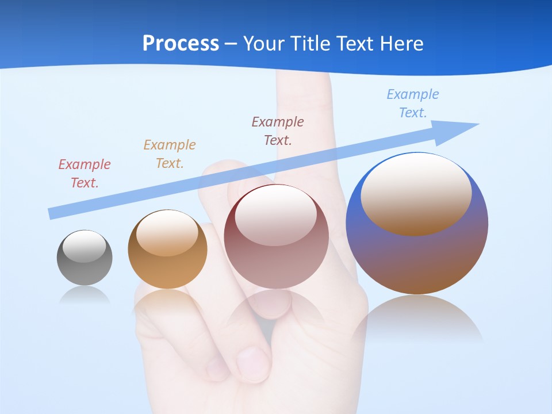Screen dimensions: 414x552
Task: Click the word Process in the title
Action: pos(181,43)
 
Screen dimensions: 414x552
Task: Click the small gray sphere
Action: pos(85,267)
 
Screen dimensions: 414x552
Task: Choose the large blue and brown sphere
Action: pos(417,259)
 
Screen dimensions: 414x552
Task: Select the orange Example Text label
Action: pos(170,154)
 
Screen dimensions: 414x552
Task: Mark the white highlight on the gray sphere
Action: pos(84,246)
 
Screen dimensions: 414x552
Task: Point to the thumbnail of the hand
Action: pos(252,362)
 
